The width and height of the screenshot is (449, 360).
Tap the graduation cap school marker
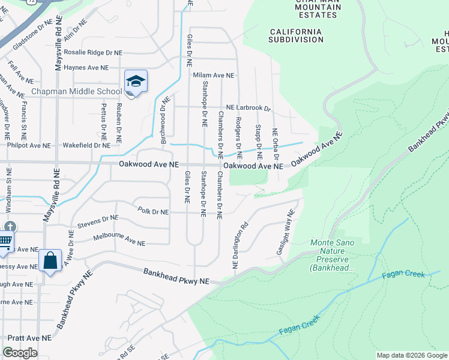(136, 82)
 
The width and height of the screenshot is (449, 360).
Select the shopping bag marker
(50, 261)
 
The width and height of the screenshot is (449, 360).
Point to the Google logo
(20, 353)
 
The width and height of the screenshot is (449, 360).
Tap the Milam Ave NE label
(213, 76)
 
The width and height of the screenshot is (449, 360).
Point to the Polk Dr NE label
(153, 211)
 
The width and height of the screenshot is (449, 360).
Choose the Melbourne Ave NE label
(119, 241)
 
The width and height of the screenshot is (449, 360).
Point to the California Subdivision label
(297, 35)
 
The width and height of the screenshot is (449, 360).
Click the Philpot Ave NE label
(29, 145)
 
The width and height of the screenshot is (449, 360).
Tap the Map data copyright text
(412, 355)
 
